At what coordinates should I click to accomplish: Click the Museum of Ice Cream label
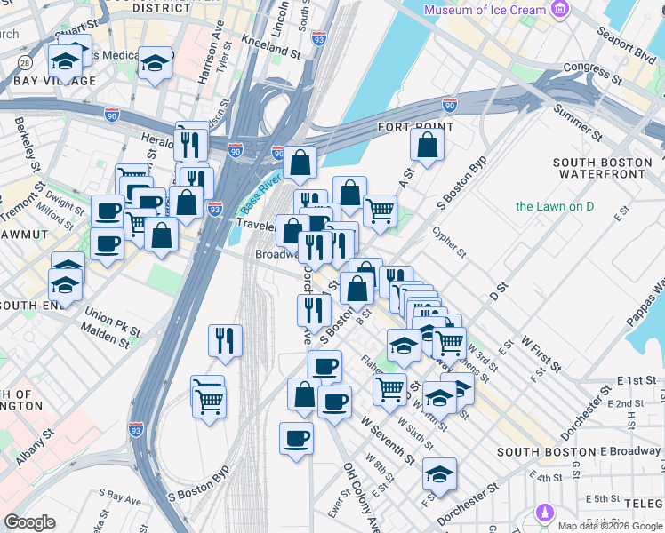485,10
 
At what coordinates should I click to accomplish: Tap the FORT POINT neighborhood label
415,127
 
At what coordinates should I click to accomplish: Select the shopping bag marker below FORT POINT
428,145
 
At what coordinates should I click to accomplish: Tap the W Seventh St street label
388,439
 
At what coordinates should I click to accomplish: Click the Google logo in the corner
29,522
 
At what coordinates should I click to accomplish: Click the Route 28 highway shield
25,62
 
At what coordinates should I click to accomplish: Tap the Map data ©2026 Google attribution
609,526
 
